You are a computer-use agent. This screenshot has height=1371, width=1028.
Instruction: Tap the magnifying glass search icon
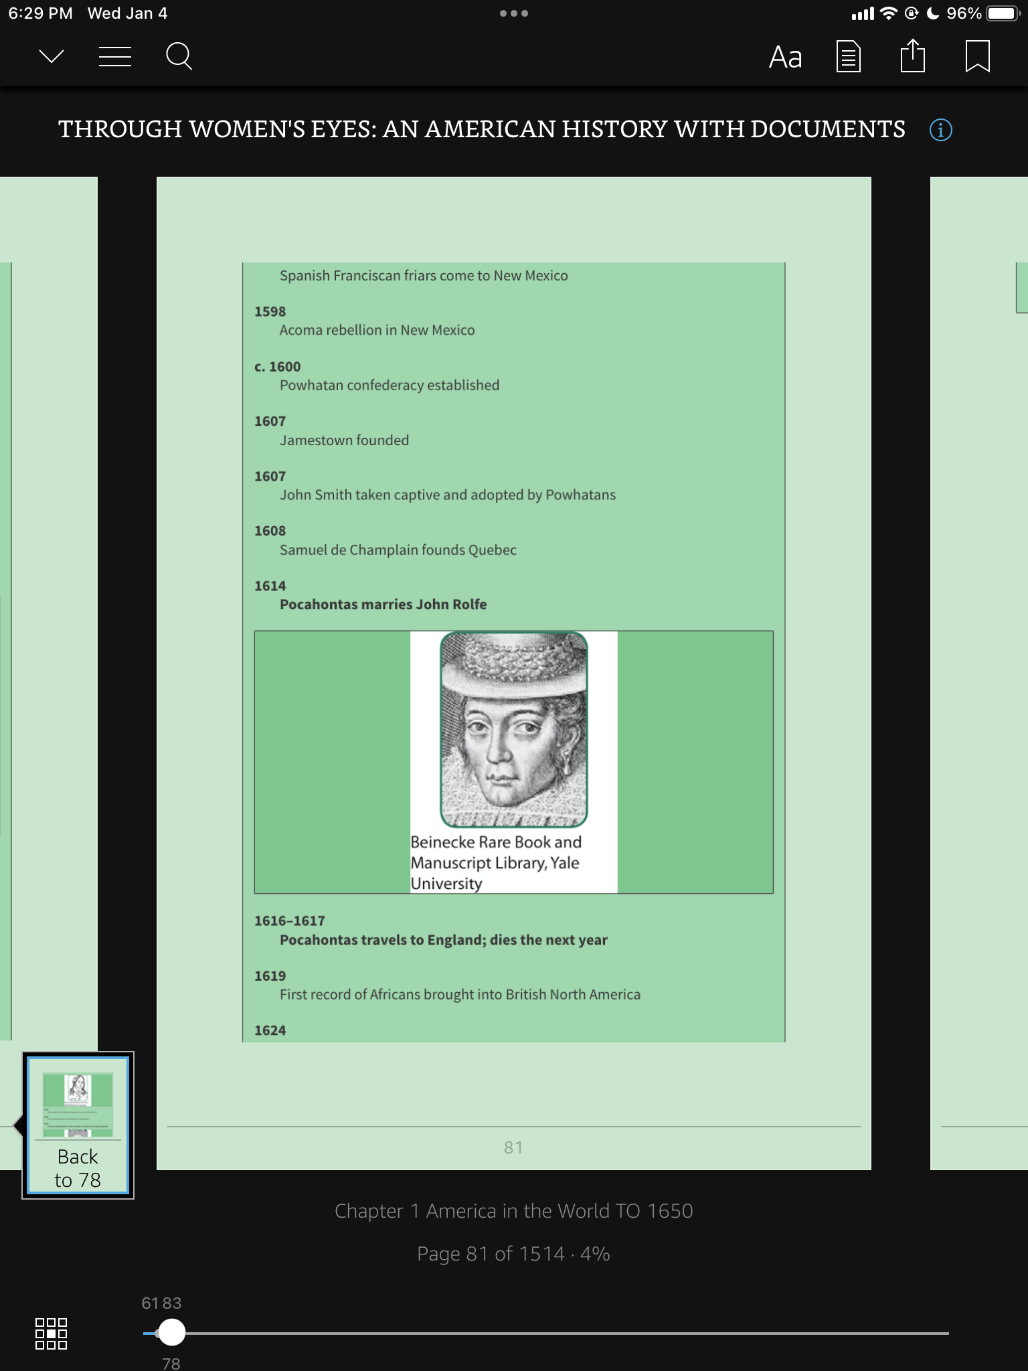(179, 57)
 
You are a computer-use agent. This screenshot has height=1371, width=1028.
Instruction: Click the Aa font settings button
(785, 58)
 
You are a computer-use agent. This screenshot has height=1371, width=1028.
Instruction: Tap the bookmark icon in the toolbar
(977, 56)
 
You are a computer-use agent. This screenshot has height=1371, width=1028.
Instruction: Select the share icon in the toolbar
(912, 56)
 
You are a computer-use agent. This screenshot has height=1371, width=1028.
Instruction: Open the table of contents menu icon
(114, 57)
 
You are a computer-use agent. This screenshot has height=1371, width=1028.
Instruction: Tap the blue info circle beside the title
(940, 129)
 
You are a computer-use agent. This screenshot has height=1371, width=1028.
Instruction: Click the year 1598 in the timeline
(270, 311)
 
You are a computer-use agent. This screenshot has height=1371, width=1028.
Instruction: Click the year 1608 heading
(270, 531)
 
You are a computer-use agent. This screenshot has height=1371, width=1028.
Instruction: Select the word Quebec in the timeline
(492, 550)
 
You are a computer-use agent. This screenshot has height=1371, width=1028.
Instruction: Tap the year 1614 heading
(270, 586)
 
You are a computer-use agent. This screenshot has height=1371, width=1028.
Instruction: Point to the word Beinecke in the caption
(442, 842)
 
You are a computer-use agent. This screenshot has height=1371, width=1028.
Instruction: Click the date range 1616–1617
(290, 921)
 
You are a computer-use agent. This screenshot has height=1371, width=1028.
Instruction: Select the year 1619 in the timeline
(270, 976)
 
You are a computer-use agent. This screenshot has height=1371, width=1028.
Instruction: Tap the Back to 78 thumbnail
(78, 1125)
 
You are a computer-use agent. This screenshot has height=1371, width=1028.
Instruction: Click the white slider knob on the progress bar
(172, 1332)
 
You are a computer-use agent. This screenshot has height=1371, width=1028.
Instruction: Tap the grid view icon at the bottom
(51, 1334)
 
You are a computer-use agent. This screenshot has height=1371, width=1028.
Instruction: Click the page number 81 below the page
(513, 1147)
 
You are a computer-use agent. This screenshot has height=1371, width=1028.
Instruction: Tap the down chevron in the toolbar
(52, 57)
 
